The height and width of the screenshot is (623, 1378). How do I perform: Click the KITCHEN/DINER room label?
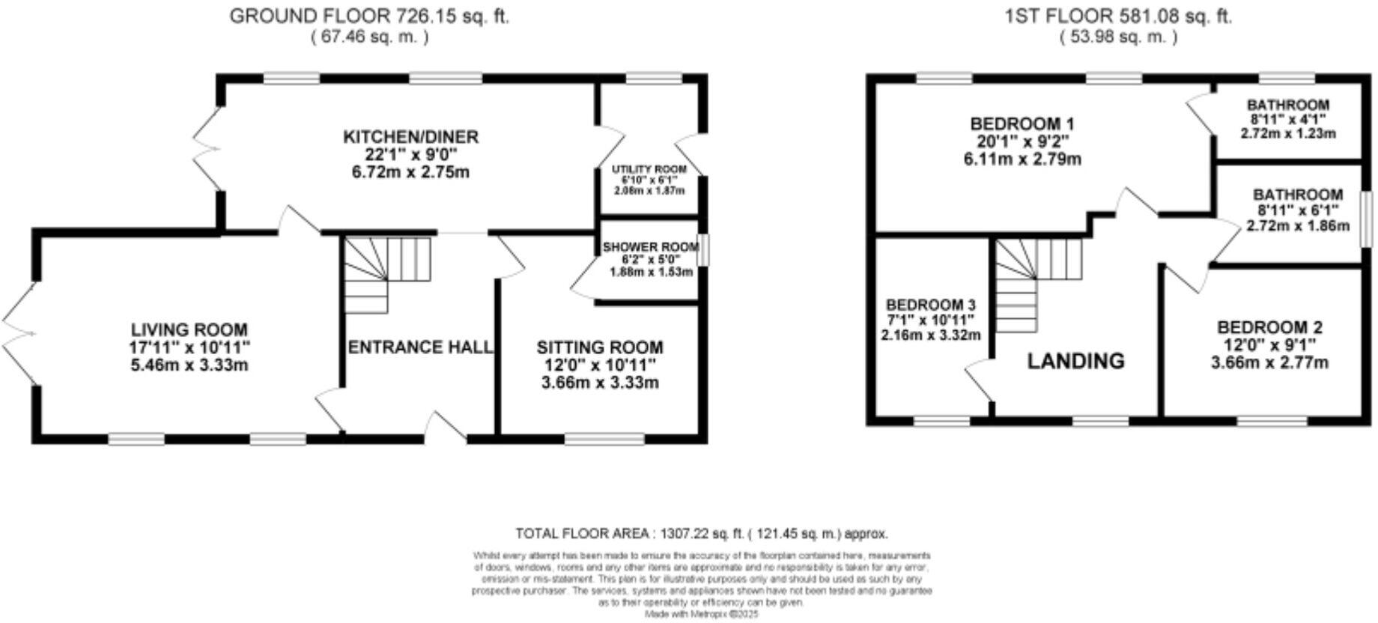[x=410, y=137]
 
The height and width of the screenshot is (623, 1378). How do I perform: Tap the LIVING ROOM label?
[x=189, y=329]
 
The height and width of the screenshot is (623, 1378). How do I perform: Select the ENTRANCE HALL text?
[x=420, y=347]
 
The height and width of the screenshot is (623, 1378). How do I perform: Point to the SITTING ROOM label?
[x=599, y=347]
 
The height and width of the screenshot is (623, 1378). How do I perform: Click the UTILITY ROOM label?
[x=649, y=170]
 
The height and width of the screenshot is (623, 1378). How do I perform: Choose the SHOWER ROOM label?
[x=650, y=247]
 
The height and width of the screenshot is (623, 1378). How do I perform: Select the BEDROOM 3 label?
[x=930, y=305]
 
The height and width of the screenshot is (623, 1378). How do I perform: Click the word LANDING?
[x=1075, y=361]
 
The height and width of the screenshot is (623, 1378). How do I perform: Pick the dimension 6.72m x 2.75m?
[x=410, y=172]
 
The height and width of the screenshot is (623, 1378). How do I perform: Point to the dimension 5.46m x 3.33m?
[x=189, y=365]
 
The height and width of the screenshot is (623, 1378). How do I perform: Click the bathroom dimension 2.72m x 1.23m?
[x=1288, y=133]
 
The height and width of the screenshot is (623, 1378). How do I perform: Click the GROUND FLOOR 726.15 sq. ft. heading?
[x=369, y=16]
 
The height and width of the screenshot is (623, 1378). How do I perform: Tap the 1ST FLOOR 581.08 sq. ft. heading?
[x=1118, y=16]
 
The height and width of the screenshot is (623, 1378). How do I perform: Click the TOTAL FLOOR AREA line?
[x=702, y=534]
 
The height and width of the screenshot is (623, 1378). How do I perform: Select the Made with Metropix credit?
[x=702, y=614]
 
